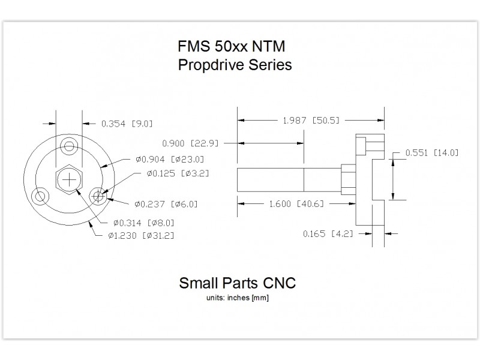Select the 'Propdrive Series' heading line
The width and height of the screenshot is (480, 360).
235,65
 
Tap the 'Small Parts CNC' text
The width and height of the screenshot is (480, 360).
238,283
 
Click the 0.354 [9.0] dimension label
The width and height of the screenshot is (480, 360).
127,124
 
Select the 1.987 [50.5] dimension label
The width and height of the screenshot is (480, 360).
311,121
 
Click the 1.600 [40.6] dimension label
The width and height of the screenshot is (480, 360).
294,204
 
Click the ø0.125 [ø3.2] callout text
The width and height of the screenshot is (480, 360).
178,173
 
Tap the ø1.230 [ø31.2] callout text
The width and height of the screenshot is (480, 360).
141,236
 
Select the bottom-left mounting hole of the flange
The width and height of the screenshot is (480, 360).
41,196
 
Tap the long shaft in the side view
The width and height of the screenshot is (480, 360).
288,179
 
